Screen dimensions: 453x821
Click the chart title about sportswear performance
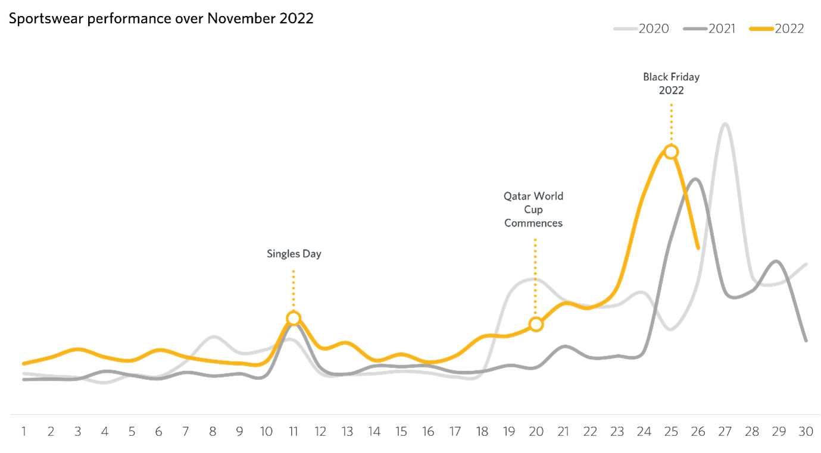pyautogui.click(x=161, y=18)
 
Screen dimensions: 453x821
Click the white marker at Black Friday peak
pyautogui.click(x=671, y=152)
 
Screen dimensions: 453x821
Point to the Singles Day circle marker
pyautogui.click(x=293, y=318)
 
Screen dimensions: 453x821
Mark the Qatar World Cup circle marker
pyautogui.click(x=536, y=324)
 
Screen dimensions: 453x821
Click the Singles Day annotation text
pyautogui.click(x=294, y=254)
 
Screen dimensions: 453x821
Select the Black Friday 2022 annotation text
pyautogui.click(x=671, y=84)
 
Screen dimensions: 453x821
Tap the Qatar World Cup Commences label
pyautogui.click(x=533, y=209)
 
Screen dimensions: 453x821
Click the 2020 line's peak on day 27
pyautogui.click(x=725, y=124)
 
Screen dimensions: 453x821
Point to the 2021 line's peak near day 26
pyautogui.click(x=695, y=179)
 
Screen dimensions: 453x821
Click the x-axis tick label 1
pyautogui.click(x=24, y=432)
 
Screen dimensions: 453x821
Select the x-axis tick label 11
pyautogui.click(x=293, y=432)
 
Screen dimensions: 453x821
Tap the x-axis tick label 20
pyautogui.click(x=536, y=432)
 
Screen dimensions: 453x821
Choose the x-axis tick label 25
pyautogui.click(x=671, y=432)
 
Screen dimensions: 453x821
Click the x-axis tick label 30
pyautogui.click(x=806, y=432)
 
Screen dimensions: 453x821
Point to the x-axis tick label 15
pyautogui.click(x=401, y=432)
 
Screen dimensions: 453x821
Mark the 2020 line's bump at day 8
pyautogui.click(x=214, y=336)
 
